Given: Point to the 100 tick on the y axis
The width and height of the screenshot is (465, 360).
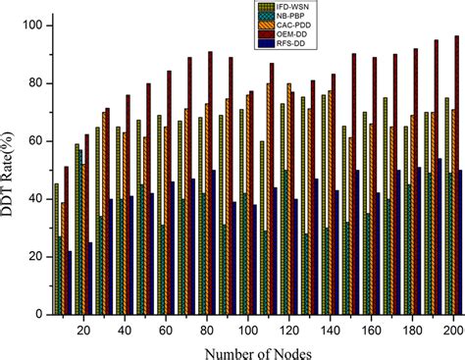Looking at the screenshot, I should pyautogui.click(x=30, y=25).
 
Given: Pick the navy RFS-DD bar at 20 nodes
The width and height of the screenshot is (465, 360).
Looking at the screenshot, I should pyautogui.click(x=90, y=279).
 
